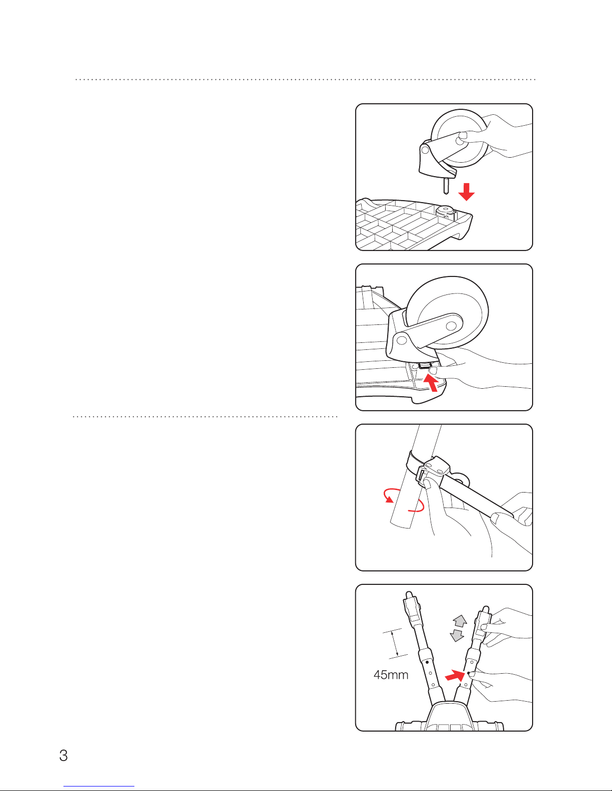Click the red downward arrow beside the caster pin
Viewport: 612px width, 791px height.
(466, 192)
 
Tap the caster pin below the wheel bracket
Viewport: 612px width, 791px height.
(446, 186)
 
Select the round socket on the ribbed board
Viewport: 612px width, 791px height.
(446, 211)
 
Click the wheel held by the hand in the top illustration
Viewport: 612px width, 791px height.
(460, 138)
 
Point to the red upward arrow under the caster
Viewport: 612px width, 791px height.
(431, 383)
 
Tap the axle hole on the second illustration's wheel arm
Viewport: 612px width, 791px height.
(451, 325)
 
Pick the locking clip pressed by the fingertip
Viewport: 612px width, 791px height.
(424, 366)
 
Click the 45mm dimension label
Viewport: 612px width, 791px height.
(391, 675)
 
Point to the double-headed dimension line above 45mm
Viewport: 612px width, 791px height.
(395, 644)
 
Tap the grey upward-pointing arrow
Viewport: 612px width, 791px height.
(460, 621)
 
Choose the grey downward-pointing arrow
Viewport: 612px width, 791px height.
(457, 636)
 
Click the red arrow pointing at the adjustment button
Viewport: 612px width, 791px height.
(455, 676)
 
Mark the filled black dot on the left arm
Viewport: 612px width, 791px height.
(427, 662)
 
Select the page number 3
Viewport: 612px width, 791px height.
(63, 756)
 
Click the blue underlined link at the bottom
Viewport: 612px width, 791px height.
(99, 787)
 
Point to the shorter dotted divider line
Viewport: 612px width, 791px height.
(205, 416)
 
